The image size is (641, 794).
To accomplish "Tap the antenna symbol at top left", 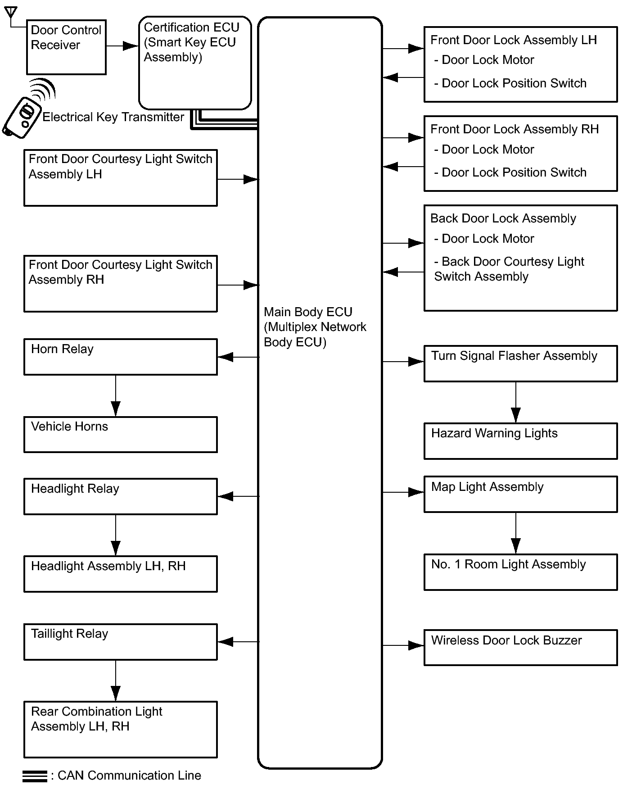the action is tap(11, 14).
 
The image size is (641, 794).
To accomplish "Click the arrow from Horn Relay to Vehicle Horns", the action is tap(116, 395).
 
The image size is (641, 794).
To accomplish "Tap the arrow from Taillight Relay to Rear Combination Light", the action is tap(116, 681).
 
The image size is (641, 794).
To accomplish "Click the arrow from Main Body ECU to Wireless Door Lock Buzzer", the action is tap(403, 645).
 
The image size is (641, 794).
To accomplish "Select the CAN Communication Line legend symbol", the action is tap(35, 776).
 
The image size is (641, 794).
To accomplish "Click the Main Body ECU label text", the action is tap(315, 327).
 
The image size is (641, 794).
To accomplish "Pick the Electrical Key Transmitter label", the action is tap(113, 117).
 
